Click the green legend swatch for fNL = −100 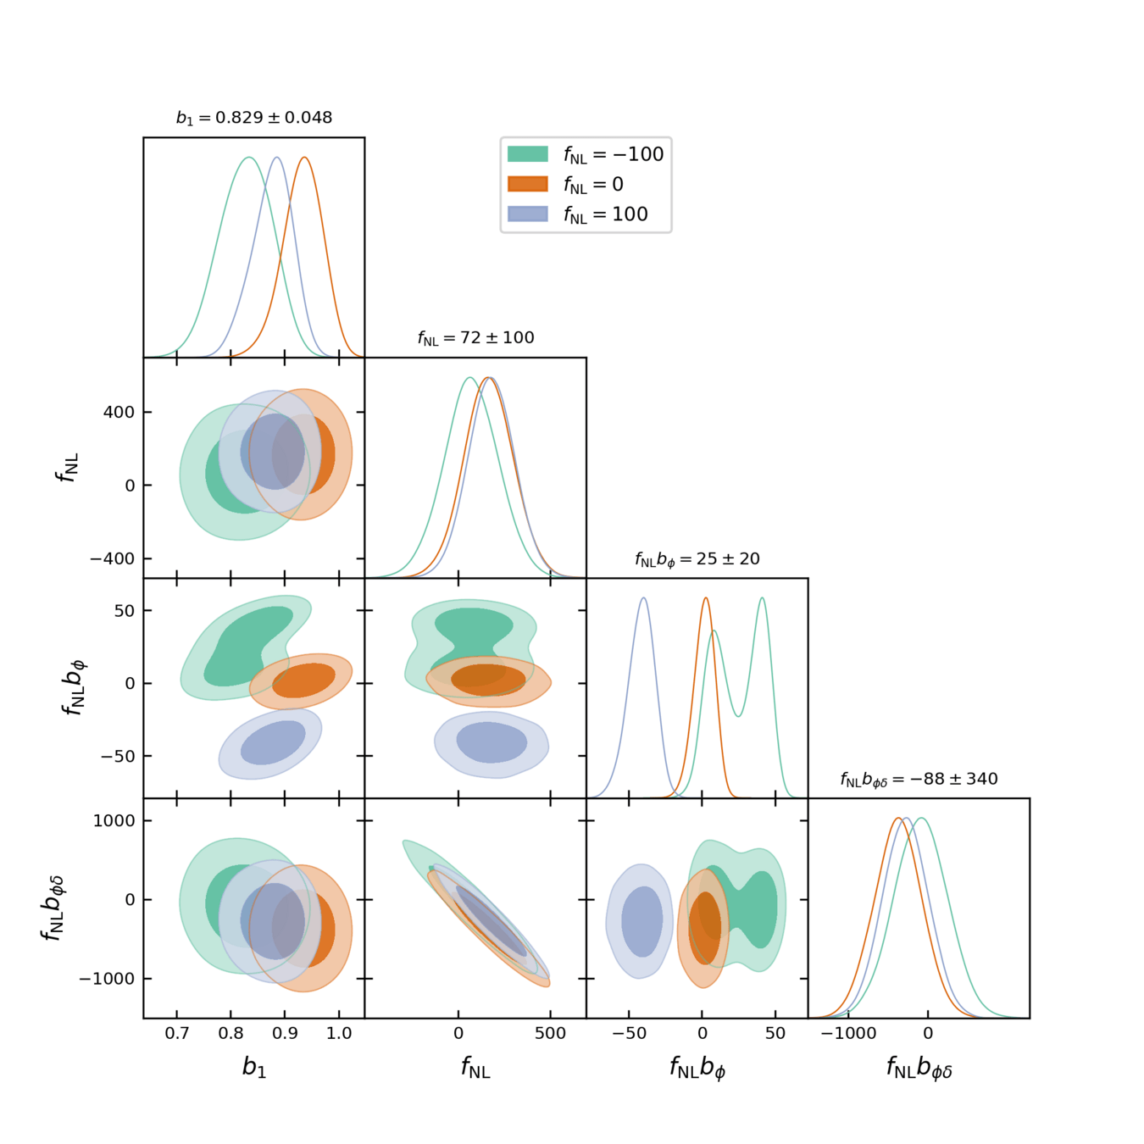click(x=527, y=153)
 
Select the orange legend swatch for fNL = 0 click(x=527, y=184)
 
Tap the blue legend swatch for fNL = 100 click(x=527, y=214)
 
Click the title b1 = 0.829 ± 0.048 click(x=254, y=118)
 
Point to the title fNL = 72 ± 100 click(x=475, y=338)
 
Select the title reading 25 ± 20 click(x=697, y=559)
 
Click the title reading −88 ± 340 click(x=919, y=780)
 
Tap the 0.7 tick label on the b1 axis click(x=176, y=1033)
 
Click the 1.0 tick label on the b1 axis click(x=339, y=1033)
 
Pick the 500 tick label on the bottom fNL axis click(x=550, y=1033)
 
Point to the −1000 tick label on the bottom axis click(x=848, y=1033)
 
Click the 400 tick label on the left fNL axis click(x=119, y=413)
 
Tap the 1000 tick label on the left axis click(x=114, y=820)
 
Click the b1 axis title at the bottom click(x=254, y=1067)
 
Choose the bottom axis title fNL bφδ click(x=919, y=1069)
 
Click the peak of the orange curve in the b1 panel click(x=304, y=158)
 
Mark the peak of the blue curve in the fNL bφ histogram click(x=644, y=598)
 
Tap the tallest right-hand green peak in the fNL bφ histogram click(x=763, y=598)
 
